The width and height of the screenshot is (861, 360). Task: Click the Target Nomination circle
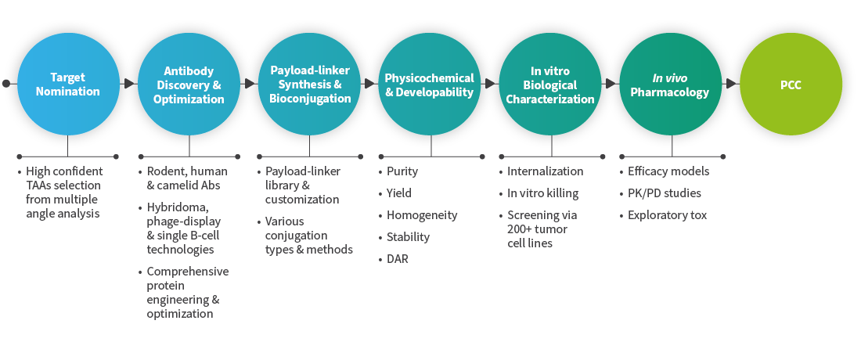point(68,85)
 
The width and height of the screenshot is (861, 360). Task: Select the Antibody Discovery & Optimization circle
point(189,85)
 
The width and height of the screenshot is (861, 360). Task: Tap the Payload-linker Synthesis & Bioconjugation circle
point(309,85)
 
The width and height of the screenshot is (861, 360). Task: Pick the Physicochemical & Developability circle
point(430,85)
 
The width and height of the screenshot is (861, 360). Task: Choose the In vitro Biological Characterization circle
point(550,85)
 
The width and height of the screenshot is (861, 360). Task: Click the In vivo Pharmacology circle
point(671,85)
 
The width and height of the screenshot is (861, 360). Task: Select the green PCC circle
point(791,85)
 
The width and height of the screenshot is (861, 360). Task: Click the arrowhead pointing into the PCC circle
point(732,83)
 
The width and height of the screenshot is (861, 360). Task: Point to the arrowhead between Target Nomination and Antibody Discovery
point(128,83)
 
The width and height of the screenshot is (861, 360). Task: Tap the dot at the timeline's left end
point(6,83)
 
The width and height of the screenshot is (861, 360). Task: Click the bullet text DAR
point(398,259)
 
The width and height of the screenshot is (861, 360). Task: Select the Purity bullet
point(402,171)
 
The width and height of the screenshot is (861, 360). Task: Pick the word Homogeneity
point(422,215)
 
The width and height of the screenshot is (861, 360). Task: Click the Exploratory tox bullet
point(667,215)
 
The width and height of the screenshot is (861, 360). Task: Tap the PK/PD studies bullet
point(665,193)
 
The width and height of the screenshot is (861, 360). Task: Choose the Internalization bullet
point(545,171)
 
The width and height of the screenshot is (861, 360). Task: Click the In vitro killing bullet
point(542,193)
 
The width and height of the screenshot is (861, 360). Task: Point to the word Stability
point(408,237)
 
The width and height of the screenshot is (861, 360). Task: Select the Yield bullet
point(399,193)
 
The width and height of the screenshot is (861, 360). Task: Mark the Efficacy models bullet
point(668,171)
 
